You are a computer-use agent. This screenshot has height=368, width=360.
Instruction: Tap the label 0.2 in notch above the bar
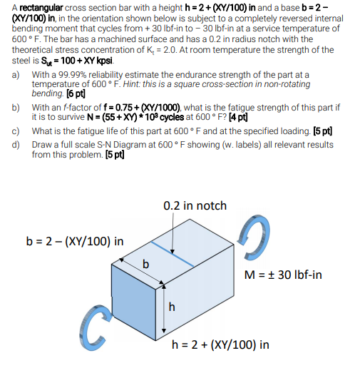point(195,205)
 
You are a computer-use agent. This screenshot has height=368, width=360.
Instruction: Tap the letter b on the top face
point(147,266)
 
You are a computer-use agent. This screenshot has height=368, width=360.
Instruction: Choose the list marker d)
point(16,145)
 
